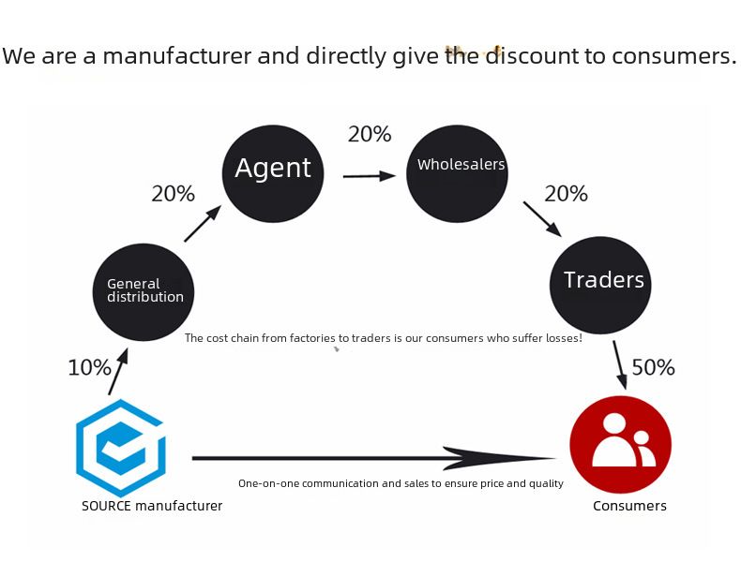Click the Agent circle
(x=273, y=172)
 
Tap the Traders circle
(x=600, y=284)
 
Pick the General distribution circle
(x=144, y=291)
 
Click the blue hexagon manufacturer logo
(x=121, y=449)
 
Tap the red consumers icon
(x=620, y=444)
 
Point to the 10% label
(x=89, y=368)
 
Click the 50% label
(x=653, y=367)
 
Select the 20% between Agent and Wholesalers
(x=370, y=135)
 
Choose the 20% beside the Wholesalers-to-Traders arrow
(x=566, y=194)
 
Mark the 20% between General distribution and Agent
(x=174, y=194)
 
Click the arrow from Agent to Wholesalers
(x=369, y=175)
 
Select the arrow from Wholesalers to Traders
(x=541, y=219)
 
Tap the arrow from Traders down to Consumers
(x=620, y=364)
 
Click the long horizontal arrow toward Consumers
(x=375, y=458)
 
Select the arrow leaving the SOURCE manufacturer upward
(x=117, y=373)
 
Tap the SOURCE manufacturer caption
(x=152, y=506)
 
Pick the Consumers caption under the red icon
(x=629, y=506)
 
